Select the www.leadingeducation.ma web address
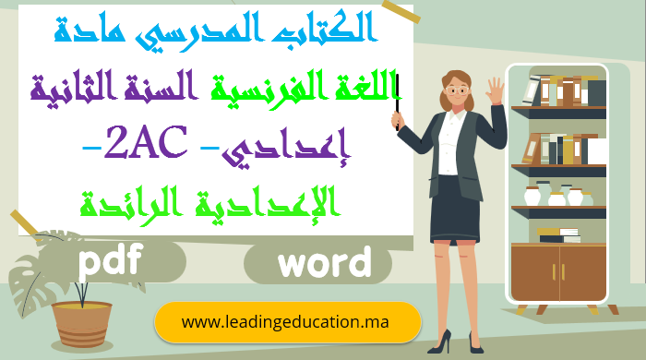click(x=286, y=322)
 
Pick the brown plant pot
click(x=80, y=322)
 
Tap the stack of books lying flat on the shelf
click(x=558, y=234)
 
